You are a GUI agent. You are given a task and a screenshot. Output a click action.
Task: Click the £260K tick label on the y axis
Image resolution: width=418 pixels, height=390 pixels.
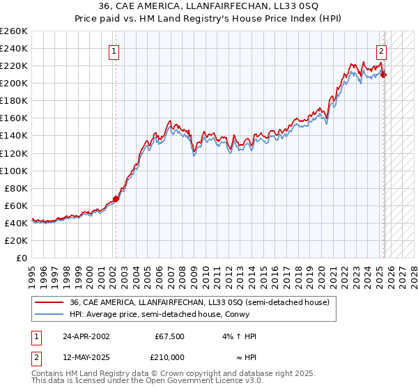click(x=15, y=31)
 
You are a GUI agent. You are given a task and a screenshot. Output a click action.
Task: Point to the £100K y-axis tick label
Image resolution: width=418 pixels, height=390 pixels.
click(x=15, y=171)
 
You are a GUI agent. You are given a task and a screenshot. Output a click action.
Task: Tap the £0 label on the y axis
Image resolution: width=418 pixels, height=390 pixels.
click(x=22, y=258)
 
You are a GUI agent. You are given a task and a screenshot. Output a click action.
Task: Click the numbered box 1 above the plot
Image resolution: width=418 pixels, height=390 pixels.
click(x=113, y=50)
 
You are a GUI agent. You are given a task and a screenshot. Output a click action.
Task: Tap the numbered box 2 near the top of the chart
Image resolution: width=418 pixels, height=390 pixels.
click(x=382, y=50)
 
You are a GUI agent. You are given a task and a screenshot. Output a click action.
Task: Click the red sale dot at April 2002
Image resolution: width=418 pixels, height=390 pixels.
click(x=116, y=198)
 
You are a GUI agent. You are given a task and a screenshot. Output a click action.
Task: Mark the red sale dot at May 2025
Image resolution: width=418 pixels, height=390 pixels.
click(x=384, y=75)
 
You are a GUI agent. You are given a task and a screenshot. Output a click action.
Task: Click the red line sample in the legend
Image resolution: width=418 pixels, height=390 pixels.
click(x=49, y=302)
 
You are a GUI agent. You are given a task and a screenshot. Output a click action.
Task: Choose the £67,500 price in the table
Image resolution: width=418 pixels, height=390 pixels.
click(x=167, y=336)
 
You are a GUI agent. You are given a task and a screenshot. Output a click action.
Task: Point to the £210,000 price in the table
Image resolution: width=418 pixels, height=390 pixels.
click(x=167, y=357)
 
